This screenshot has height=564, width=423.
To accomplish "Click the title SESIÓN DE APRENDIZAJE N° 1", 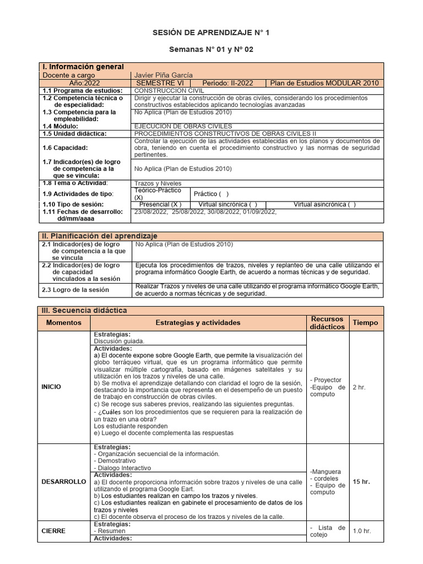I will [211, 34].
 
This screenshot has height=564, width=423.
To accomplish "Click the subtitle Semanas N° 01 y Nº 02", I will [211, 50].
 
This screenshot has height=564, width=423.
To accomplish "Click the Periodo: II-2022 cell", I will [227, 83].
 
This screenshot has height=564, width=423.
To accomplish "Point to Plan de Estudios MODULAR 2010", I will [324, 83].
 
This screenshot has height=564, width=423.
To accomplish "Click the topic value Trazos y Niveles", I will [158, 183].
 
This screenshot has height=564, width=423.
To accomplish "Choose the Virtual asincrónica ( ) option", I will [324, 204].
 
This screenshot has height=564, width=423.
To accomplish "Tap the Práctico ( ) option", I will [211, 194].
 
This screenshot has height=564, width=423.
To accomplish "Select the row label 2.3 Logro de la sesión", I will [75, 290].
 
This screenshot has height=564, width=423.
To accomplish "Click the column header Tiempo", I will [365, 323].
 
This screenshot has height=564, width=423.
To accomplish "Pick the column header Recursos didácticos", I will [327, 323].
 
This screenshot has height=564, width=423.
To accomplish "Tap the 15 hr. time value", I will [361, 481].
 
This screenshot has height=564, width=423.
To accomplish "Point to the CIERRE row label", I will [53, 531].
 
